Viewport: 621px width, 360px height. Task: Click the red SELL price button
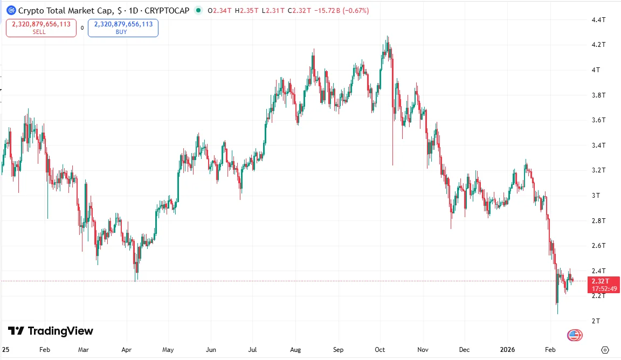point(41,27)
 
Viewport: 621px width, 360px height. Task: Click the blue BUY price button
point(123,27)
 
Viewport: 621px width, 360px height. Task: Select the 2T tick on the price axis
point(596,321)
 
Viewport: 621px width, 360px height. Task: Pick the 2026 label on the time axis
point(508,349)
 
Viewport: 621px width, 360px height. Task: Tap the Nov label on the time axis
point(423,349)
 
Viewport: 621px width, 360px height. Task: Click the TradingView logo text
point(51,331)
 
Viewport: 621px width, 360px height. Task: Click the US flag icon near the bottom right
point(575,335)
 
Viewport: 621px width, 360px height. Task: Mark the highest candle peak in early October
point(388,37)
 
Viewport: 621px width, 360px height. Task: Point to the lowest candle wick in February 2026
point(557,314)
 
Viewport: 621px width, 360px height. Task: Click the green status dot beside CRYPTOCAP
point(198,10)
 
